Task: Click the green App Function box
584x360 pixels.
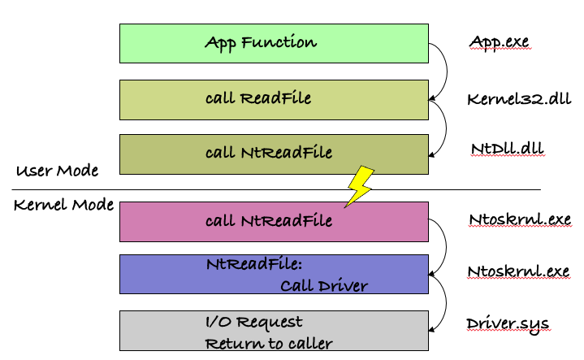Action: click(x=274, y=43)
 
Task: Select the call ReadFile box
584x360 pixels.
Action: click(x=274, y=99)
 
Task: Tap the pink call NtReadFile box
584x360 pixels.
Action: click(x=274, y=221)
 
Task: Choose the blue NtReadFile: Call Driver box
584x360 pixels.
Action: click(x=274, y=274)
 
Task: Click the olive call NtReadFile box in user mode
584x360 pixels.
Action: click(x=274, y=154)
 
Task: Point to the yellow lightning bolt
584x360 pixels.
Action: click(x=361, y=186)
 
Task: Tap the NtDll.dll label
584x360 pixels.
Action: click(x=507, y=149)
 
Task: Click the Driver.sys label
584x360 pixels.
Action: click(x=508, y=323)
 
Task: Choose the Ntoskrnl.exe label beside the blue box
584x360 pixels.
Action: click(x=518, y=271)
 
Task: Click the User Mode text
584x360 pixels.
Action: click(x=57, y=171)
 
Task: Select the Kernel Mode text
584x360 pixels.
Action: click(x=63, y=205)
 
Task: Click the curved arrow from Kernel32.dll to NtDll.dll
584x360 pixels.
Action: click(x=441, y=126)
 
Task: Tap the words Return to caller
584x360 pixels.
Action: click(x=269, y=343)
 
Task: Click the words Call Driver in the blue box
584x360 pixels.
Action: click(x=324, y=285)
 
